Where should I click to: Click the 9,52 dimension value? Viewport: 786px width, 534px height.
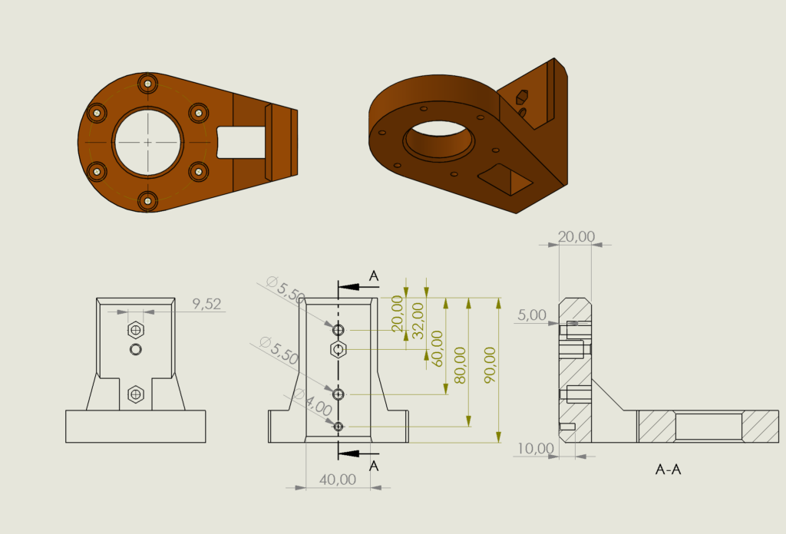[206, 304]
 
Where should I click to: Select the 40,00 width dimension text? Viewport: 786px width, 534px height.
[338, 480]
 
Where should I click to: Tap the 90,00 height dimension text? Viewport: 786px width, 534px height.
[490, 364]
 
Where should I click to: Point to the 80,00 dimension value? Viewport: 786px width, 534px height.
[461, 364]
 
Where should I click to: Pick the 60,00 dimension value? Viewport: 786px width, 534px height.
[437, 348]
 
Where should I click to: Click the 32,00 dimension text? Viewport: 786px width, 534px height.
[418, 321]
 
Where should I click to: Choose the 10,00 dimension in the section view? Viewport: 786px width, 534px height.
[535, 448]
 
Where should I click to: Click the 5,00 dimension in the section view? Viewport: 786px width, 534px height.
[532, 315]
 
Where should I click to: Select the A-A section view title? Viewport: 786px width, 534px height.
[669, 470]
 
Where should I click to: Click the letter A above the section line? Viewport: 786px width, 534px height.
[374, 276]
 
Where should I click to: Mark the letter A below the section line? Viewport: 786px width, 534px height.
[374, 466]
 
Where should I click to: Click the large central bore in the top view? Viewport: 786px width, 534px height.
[148, 142]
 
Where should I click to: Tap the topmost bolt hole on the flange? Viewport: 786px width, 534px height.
[148, 84]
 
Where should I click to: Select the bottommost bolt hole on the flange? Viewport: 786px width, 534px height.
[148, 201]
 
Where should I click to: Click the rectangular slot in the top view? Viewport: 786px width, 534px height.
[240, 142]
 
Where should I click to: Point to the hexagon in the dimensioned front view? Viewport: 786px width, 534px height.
[339, 349]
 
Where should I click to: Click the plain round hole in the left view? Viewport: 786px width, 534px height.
[135, 349]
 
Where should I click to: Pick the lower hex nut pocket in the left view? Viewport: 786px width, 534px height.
[135, 394]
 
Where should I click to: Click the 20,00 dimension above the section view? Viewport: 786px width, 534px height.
[576, 236]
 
